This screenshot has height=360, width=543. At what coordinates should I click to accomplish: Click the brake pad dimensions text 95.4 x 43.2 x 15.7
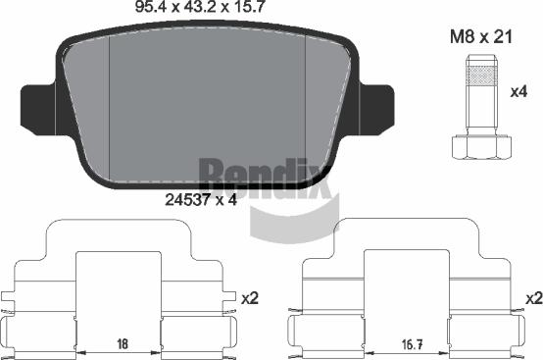click(200, 7)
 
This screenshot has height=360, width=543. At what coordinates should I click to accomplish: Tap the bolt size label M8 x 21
click(480, 36)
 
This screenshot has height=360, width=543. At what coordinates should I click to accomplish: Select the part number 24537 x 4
click(201, 200)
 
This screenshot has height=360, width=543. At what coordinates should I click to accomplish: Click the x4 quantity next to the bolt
click(518, 92)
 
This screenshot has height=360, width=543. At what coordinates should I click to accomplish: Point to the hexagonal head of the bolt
click(481, 147)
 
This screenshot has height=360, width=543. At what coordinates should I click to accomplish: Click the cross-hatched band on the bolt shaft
click(481, 76)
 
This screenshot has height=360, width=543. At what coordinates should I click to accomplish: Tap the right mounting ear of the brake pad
click(376, 109)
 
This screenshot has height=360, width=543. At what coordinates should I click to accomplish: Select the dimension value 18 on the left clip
click(123, 343)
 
